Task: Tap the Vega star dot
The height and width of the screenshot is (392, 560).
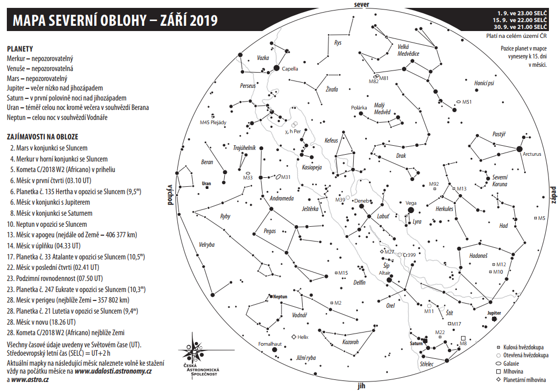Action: click(411, 210)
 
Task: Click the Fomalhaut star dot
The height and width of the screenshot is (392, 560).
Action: click(274, 349)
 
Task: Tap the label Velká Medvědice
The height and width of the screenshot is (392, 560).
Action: click(408, 50)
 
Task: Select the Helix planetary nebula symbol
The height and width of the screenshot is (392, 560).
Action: click(293, 337)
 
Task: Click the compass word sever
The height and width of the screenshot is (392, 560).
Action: click(362, 4)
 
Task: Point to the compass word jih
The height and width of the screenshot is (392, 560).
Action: click(362, 387)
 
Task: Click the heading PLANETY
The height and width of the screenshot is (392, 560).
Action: click(20, 48)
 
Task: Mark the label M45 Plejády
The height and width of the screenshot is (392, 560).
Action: click(213, 122)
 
